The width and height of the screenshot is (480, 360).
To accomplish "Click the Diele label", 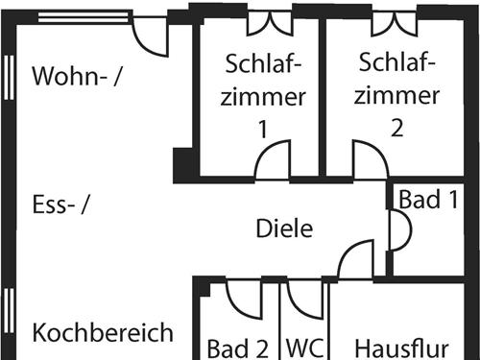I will click(x=285, y=228).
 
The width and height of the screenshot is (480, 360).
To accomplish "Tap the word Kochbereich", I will click(x=103, y=332).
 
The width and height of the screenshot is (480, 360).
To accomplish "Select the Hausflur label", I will click(x=402, y=346).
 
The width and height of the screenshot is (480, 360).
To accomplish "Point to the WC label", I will click(x=303, y=346).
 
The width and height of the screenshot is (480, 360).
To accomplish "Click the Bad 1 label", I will click(x=428, y=200).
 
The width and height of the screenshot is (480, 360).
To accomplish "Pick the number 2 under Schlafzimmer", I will click(x=397, y=128).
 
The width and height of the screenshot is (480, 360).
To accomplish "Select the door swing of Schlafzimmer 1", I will click(x=273, y=160).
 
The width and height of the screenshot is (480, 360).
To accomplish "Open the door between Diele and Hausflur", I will click(x=356, y=260).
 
